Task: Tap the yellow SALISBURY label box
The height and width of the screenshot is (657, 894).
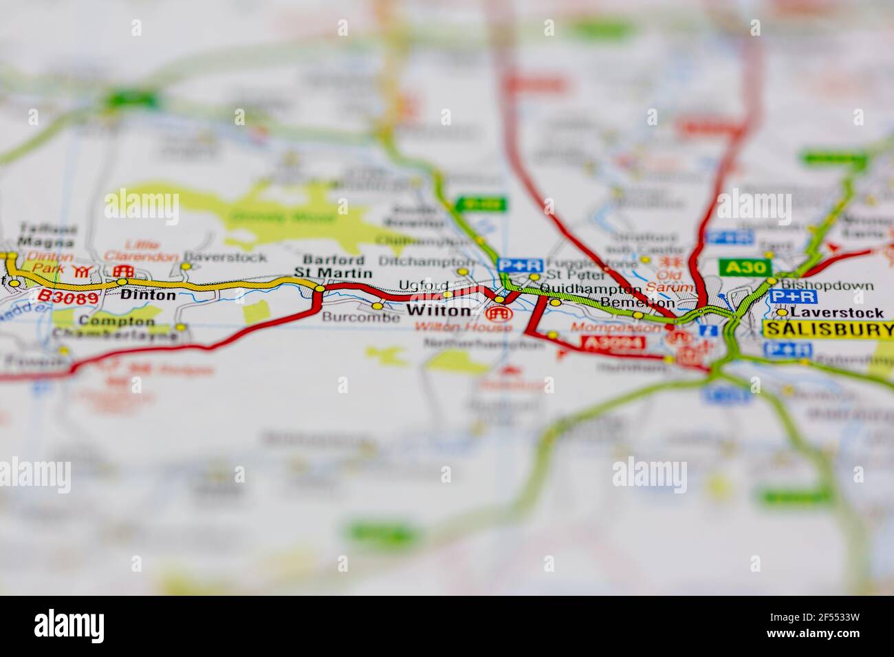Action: click(828, 329)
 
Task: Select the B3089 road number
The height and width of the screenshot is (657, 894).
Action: click(68, 296)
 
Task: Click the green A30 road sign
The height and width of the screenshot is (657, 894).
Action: click(745, 266)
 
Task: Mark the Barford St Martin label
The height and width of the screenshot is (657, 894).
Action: click(334, 267)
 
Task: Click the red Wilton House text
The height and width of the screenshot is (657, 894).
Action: click(463, 328)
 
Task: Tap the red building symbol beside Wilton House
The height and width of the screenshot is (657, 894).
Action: click(499, 314)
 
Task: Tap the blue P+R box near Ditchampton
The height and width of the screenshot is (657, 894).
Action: click(520, 265)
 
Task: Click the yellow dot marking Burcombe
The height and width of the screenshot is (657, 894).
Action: click(377, 306)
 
